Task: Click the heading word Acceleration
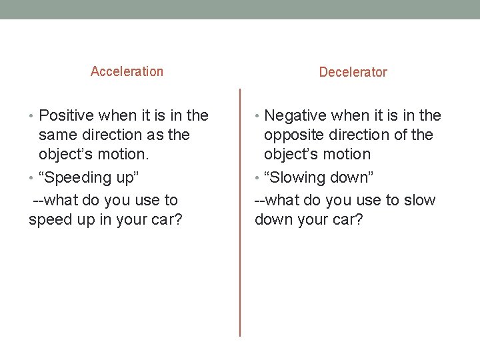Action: point(127,71)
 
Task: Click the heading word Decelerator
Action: point(353,72)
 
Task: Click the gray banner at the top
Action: point(240,9)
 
